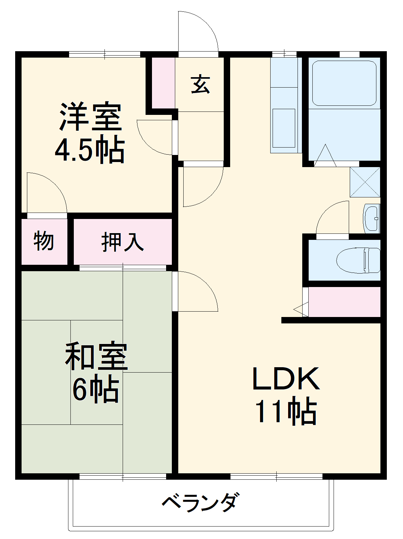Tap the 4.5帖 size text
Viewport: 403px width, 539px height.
(90, 150)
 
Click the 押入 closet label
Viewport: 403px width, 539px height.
(123, 242)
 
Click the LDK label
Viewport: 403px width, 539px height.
(286, 379)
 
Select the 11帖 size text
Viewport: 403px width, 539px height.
(286, 412)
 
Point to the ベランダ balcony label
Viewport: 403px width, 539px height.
(201, 503)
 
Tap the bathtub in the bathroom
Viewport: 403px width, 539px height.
(344, 83)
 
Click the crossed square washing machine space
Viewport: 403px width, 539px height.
(365, 182)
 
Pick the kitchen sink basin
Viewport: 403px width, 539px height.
(283, 128)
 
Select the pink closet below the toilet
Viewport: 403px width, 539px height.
(344, 302)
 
